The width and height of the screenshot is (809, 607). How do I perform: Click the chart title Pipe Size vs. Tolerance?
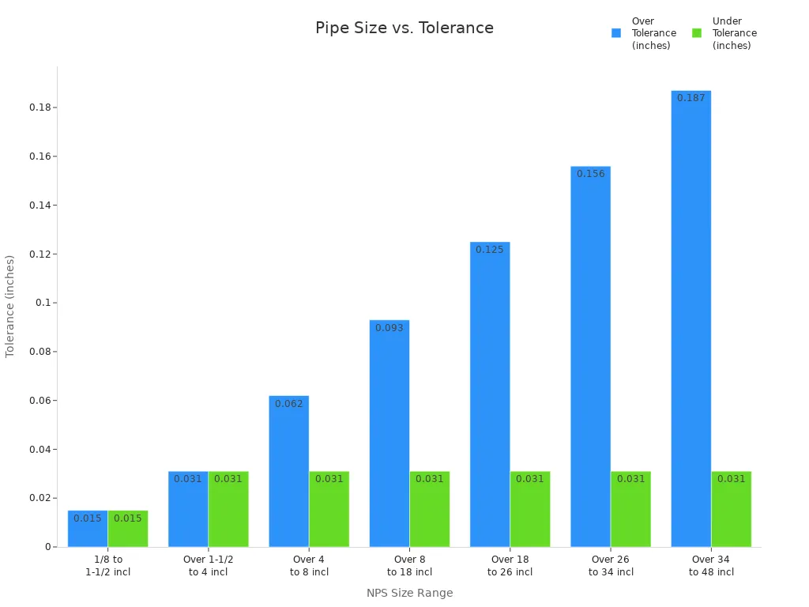(404, 28)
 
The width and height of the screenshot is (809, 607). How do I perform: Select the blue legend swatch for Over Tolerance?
(616, 33)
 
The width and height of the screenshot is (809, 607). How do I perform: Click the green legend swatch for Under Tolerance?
(697, 33)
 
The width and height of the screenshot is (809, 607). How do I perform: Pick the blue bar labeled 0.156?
(590, 356)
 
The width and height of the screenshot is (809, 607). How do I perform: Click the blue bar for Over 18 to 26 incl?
(490, 394)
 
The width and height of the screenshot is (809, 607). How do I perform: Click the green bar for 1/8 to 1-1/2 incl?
(128, 529)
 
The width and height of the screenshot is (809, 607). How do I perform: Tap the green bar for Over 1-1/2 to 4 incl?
(228, 509)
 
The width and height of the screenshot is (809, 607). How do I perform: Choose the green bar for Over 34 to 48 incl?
(731, 509)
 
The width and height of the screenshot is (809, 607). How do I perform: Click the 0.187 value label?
(690, 98)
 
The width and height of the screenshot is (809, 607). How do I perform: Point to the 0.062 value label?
(288, 404)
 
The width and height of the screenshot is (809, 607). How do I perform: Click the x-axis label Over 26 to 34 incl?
(611, 566)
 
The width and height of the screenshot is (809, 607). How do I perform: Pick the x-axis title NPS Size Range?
(409, 593)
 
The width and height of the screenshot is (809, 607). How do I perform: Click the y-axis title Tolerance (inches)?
(10, 306)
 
